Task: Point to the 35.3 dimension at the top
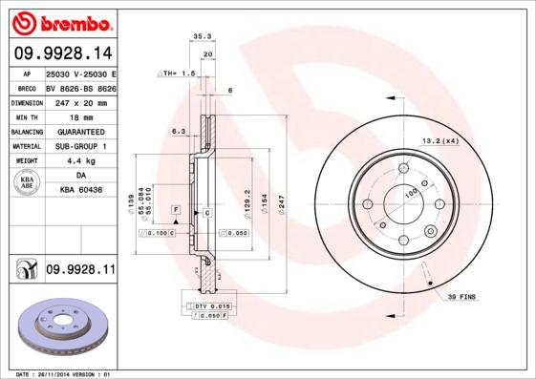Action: (202, 36)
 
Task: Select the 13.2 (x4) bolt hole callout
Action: (440, 140)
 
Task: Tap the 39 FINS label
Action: (463, 299)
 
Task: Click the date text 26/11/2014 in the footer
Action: (63, 374)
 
